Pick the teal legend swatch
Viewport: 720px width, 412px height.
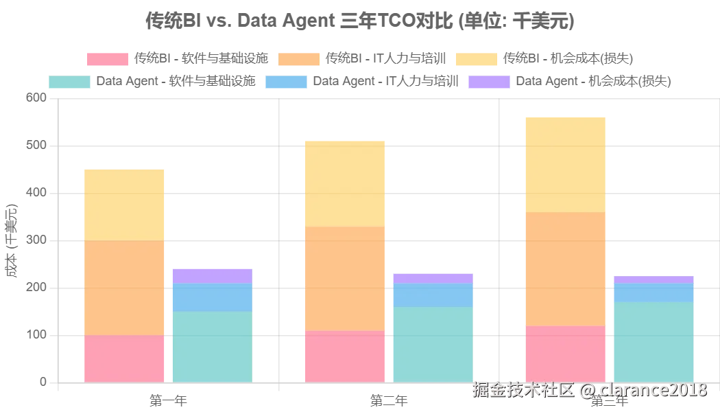pos(69,82)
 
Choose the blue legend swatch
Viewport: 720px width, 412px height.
pos(285,82)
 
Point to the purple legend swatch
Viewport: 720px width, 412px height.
pos(488,82)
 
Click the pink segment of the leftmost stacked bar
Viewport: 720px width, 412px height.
pos(123,358)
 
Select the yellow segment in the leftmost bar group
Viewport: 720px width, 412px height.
pos(123,204)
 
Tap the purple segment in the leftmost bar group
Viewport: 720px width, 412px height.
pos(211,275)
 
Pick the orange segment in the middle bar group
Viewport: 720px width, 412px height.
pos(345,278)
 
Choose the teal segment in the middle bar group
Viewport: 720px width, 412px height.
pos(433,343)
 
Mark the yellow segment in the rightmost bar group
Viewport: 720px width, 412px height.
pos(565,165)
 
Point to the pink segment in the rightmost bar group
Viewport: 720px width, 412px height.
pos(565,353)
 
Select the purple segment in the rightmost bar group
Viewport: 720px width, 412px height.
pos(653,279)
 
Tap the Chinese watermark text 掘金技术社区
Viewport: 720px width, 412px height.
pos(523,390)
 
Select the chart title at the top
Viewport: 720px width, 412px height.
pos(359,22)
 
